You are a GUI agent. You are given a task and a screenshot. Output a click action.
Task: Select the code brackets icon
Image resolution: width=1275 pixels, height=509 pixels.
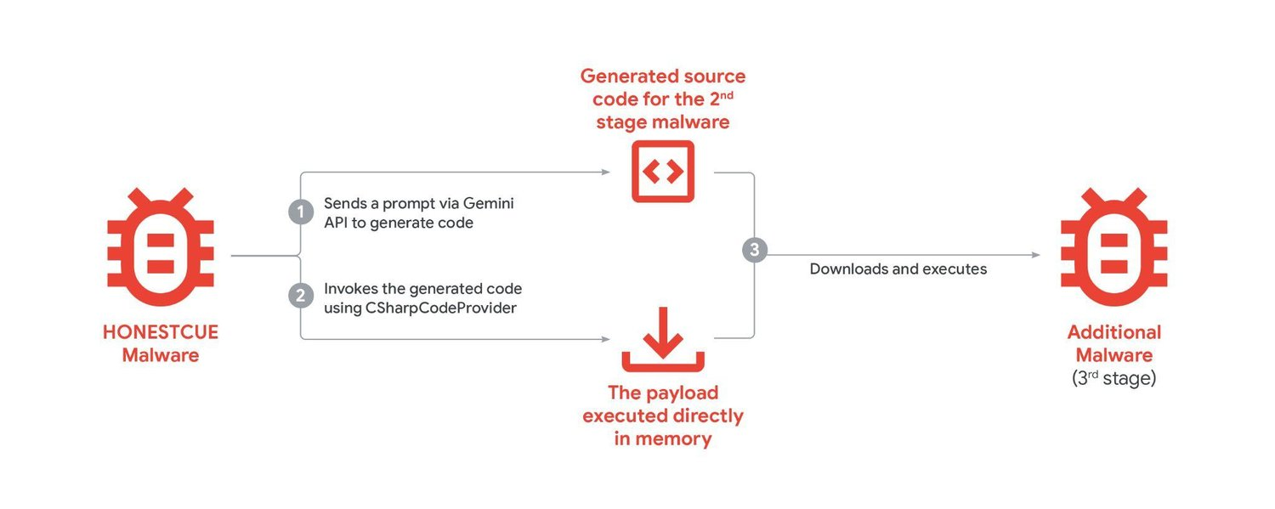(663, 172)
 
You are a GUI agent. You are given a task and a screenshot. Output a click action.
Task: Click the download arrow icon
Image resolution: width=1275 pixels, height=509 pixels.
(663, 345)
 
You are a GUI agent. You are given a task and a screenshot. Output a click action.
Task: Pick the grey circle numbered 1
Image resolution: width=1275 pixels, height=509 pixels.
(301, 211)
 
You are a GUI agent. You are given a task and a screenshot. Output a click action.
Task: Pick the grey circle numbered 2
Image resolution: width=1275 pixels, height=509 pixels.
(301, 296)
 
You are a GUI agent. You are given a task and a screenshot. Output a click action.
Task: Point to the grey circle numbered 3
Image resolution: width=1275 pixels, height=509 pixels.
(754, 250)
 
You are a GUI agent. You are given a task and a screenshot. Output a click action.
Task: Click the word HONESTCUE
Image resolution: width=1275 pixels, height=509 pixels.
(160, 333)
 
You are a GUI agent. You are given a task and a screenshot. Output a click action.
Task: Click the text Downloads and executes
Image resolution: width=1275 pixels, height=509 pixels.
(898, 269)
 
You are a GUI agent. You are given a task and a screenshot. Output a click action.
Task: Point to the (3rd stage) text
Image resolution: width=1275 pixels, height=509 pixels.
(1113, 379)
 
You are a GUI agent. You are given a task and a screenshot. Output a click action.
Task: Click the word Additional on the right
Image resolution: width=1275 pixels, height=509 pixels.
(1113, 332)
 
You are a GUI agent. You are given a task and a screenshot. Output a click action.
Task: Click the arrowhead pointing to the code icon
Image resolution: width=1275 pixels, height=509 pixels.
(605, 172)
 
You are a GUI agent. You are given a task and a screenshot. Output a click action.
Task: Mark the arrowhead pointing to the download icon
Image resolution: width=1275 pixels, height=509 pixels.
(605, 339)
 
